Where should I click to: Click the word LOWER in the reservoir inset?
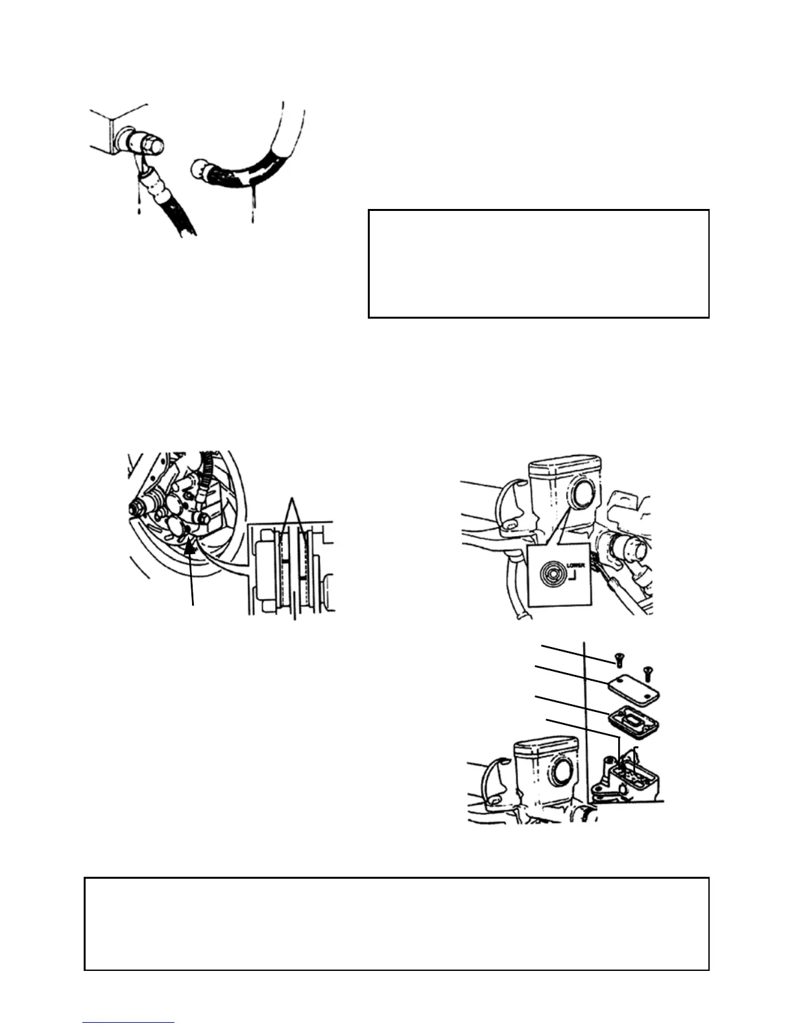575,565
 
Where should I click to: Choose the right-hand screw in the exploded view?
646,672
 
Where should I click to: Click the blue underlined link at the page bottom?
128,1022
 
